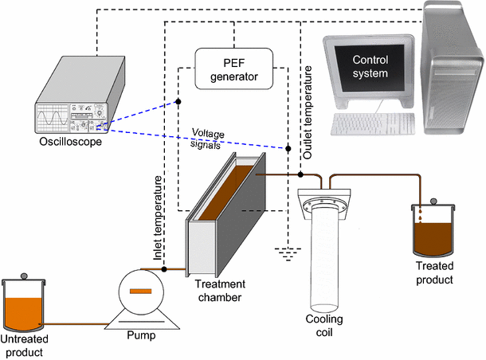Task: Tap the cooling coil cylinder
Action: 328,255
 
